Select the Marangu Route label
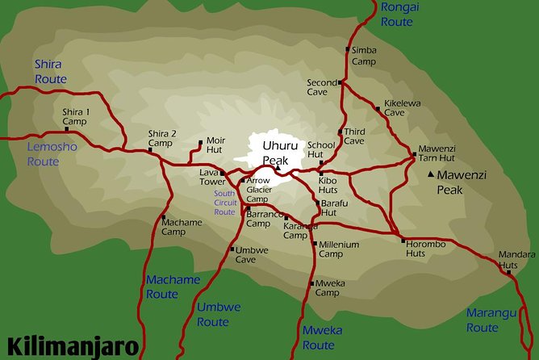(x=483, y=320)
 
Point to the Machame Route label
(x=173, y=287)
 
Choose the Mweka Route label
(x=321, y=337)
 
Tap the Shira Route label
(x=50, y=71)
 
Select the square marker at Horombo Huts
(x=403, y=241)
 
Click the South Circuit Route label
(x=225, y=203)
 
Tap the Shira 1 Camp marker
(x=66, y=128)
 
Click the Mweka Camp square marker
(x=311, y=283)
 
